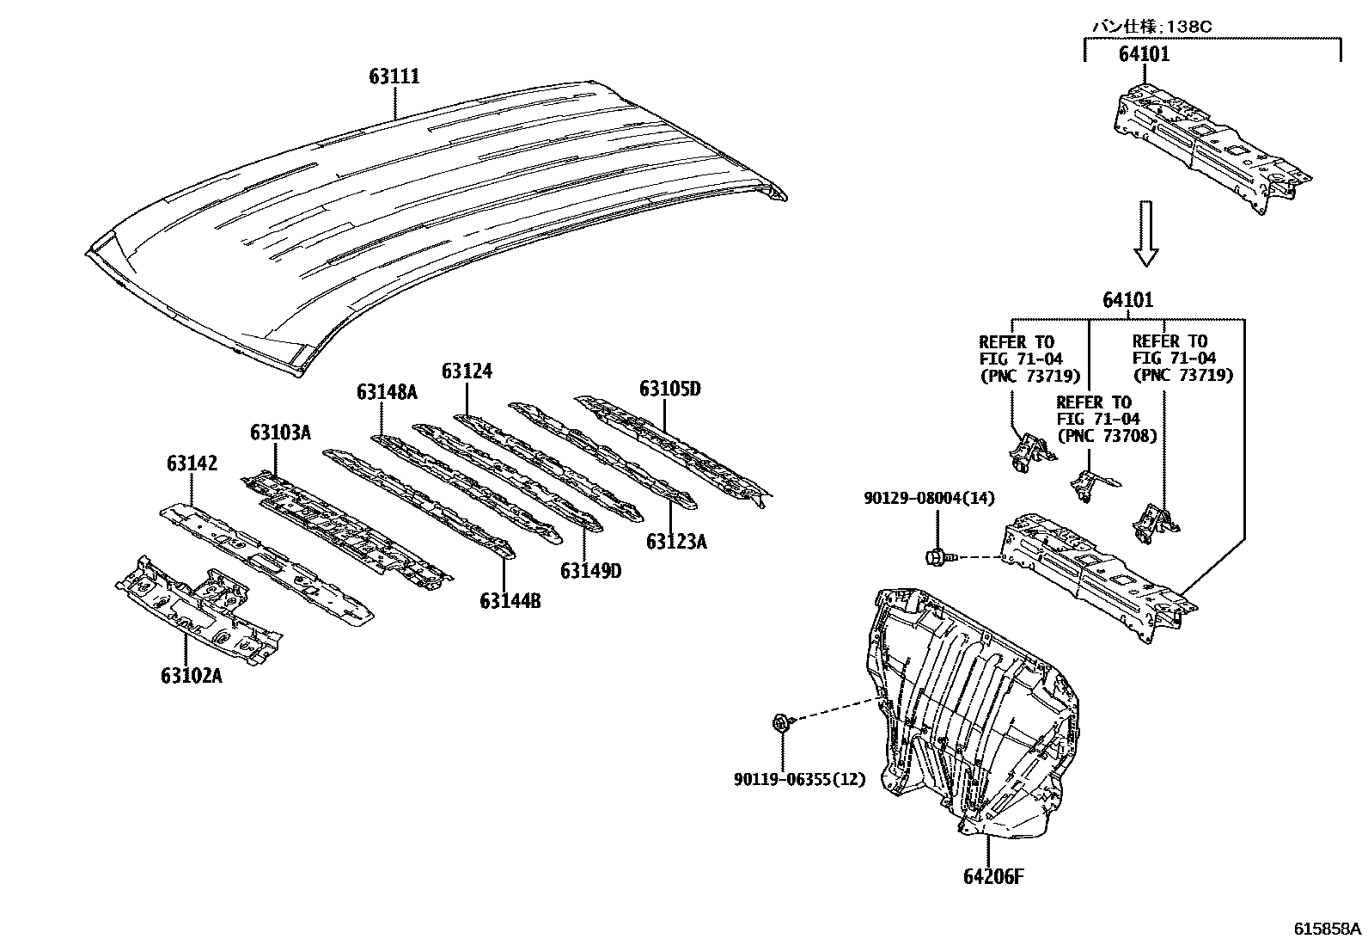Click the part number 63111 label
coord(394,77)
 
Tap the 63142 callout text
coord(192,464)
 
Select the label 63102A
coord(191,676)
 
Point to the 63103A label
coord(280,432)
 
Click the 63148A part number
coord(387,392)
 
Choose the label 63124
coord(467,371)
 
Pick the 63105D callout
coord(669,389)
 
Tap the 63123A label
coord(676,541)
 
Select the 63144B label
coord(510,600)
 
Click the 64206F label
coord(993,876)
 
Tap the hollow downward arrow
coord(1145,234)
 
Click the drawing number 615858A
coord(1328,929)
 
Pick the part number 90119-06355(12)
coord(799,779)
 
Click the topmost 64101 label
coord(1144,54)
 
